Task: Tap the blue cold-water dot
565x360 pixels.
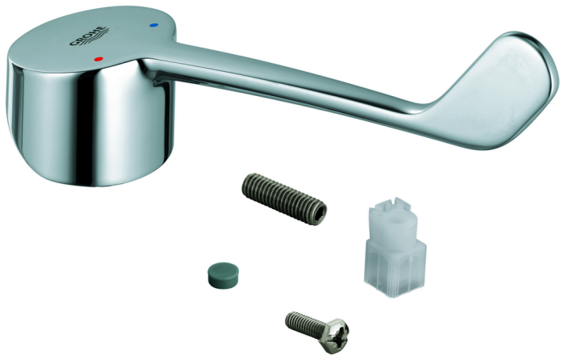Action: pyautogui.click(x=155, y=26)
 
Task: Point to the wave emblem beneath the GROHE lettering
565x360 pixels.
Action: pyautogui.click(x=94, y=40)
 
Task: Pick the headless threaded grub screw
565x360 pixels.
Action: pyautogui.click(x=284, y=199)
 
